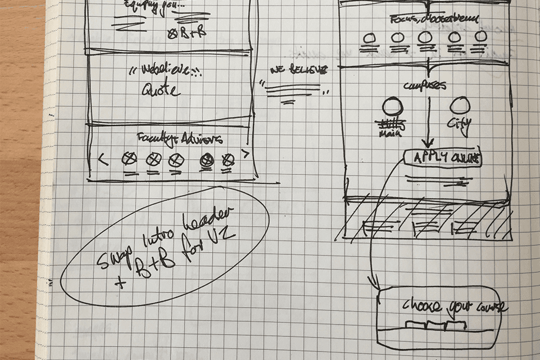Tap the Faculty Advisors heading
coord(180,139)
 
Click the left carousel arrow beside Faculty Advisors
coord(103,160)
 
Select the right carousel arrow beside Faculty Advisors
coord(245,153)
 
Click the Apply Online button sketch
coord(442,159)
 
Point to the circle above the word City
coord(460,106)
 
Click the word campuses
coord(425,85)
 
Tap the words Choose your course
coord(454,307)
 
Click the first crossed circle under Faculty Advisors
coord(129,159)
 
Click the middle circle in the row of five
coord(425,37)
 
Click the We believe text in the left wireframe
coord(165,72)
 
